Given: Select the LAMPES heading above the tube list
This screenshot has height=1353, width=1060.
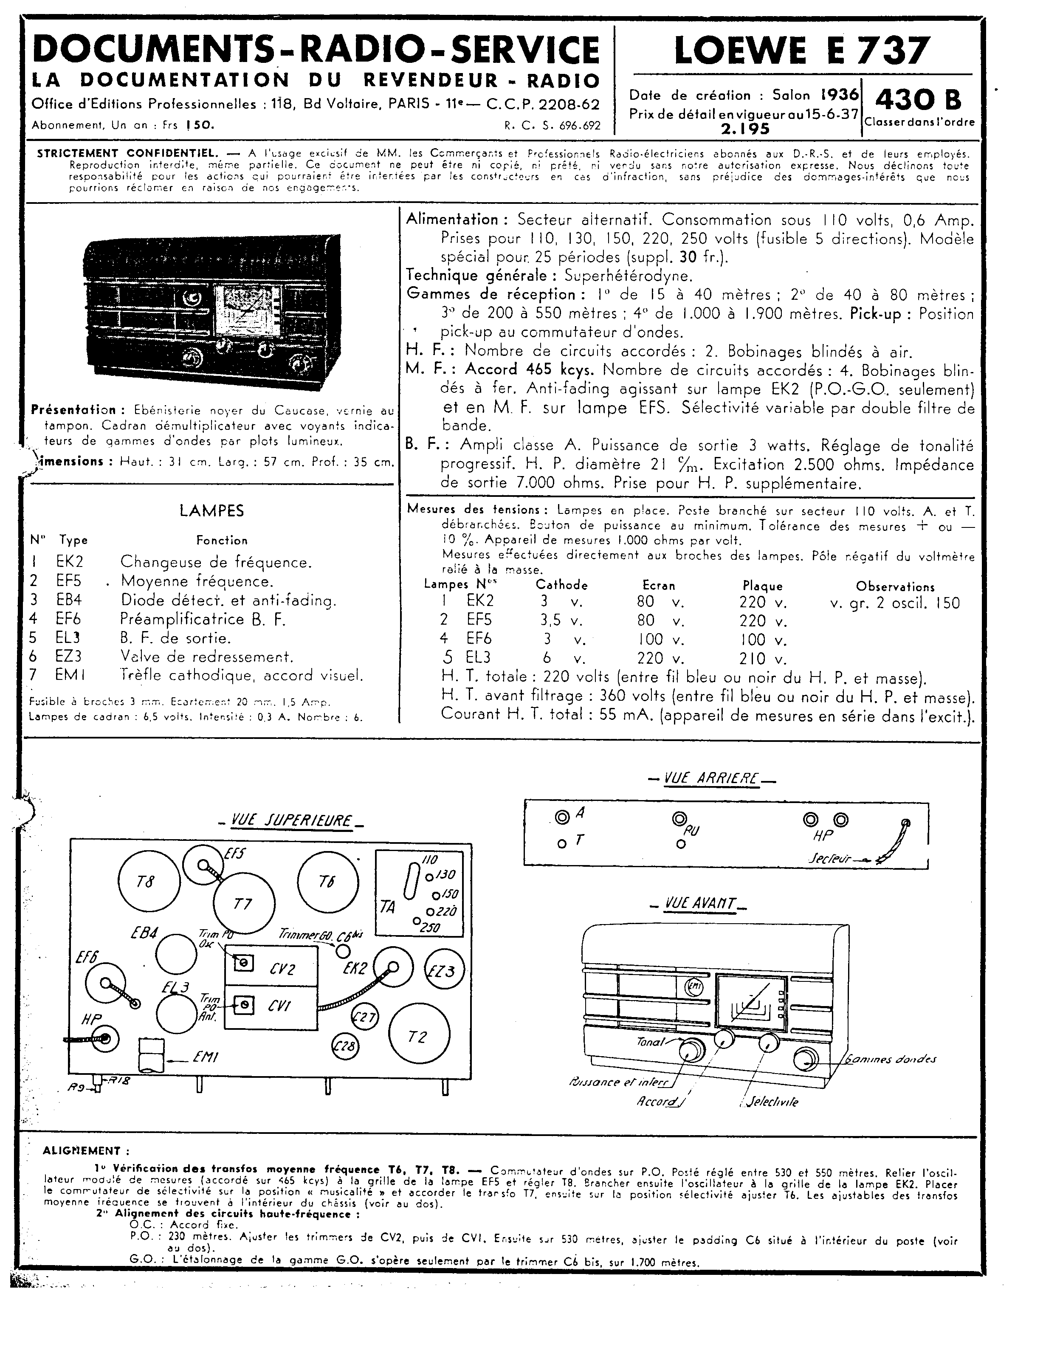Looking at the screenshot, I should [211, 511].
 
